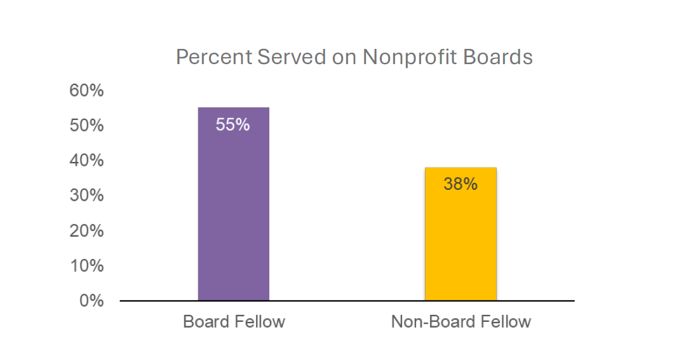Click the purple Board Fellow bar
233,210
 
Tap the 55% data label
232,124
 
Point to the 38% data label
461,184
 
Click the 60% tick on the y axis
86,91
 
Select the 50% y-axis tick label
86,126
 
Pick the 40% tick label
86,161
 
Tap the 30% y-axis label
86,196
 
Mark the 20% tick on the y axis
86,230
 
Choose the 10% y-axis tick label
86,265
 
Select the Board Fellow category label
234,322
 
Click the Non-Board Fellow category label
461,322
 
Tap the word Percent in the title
213,58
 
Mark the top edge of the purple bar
233,108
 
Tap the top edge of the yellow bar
461,168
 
